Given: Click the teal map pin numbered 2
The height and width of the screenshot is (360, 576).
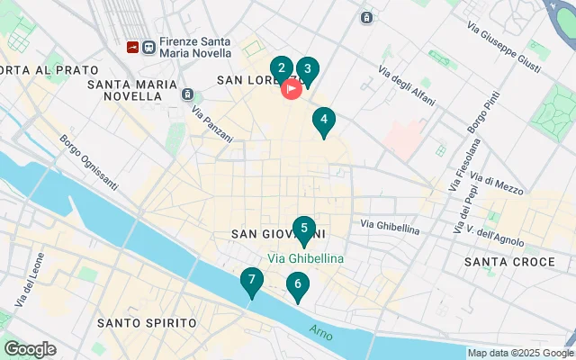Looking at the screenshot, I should [282, 68].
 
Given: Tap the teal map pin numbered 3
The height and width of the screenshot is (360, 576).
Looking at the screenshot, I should [308, 69].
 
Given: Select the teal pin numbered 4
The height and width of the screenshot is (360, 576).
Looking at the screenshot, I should [323, 120].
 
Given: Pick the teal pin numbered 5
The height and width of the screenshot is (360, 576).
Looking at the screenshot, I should [304, 229].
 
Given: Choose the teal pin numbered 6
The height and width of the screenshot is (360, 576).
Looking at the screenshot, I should [297, 285].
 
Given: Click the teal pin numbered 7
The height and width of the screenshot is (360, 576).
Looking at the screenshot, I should [252, 280].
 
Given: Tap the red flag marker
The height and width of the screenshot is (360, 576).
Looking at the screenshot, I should [292, 89].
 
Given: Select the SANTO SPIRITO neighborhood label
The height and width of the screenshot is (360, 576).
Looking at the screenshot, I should [147, 322].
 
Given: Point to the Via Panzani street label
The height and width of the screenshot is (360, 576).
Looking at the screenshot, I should [212, 125].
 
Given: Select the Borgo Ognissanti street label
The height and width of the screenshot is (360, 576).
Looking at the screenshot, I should [88, 163].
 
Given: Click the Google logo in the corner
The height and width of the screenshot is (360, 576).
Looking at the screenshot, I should [29, 349].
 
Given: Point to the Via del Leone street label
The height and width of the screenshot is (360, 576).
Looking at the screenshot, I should [27, 280].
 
